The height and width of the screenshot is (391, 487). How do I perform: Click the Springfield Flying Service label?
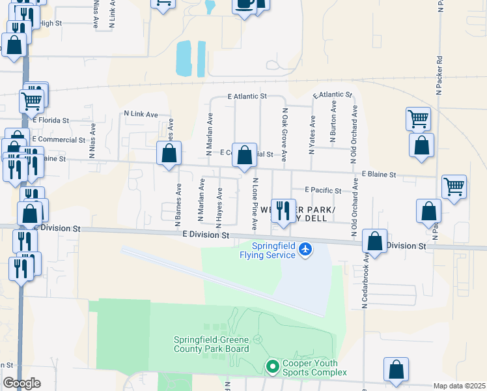pyautogui.click(x=273, y=250)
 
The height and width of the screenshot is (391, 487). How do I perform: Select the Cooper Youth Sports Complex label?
pyautogui.click(x=314, y=368)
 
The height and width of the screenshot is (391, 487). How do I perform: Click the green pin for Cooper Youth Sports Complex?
pyautogui.click(x=272, y=368)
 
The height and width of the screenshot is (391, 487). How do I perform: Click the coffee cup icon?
pyautogui.click(x=245, y=5)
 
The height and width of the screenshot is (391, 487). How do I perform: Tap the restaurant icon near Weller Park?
pyautogui.click(x=282, y=211)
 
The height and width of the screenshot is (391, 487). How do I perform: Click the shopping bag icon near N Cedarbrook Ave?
pyautogui.click(x=375, y=241)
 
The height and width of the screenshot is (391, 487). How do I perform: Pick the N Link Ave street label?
pyautogui.click(x=141, y=114)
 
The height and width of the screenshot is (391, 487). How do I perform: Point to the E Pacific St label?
pyautogui.click(x=324, y=190)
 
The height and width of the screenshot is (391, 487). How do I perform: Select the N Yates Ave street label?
pyautogui.click(x=313, y=134)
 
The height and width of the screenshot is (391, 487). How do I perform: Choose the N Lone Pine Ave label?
pyautogui.click(x=255, y=204)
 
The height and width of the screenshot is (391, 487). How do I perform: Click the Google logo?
pyautogui.click(x=21, y=383)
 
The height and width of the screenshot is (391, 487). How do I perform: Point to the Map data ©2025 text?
pyautogui.click(x=459, y=386)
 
